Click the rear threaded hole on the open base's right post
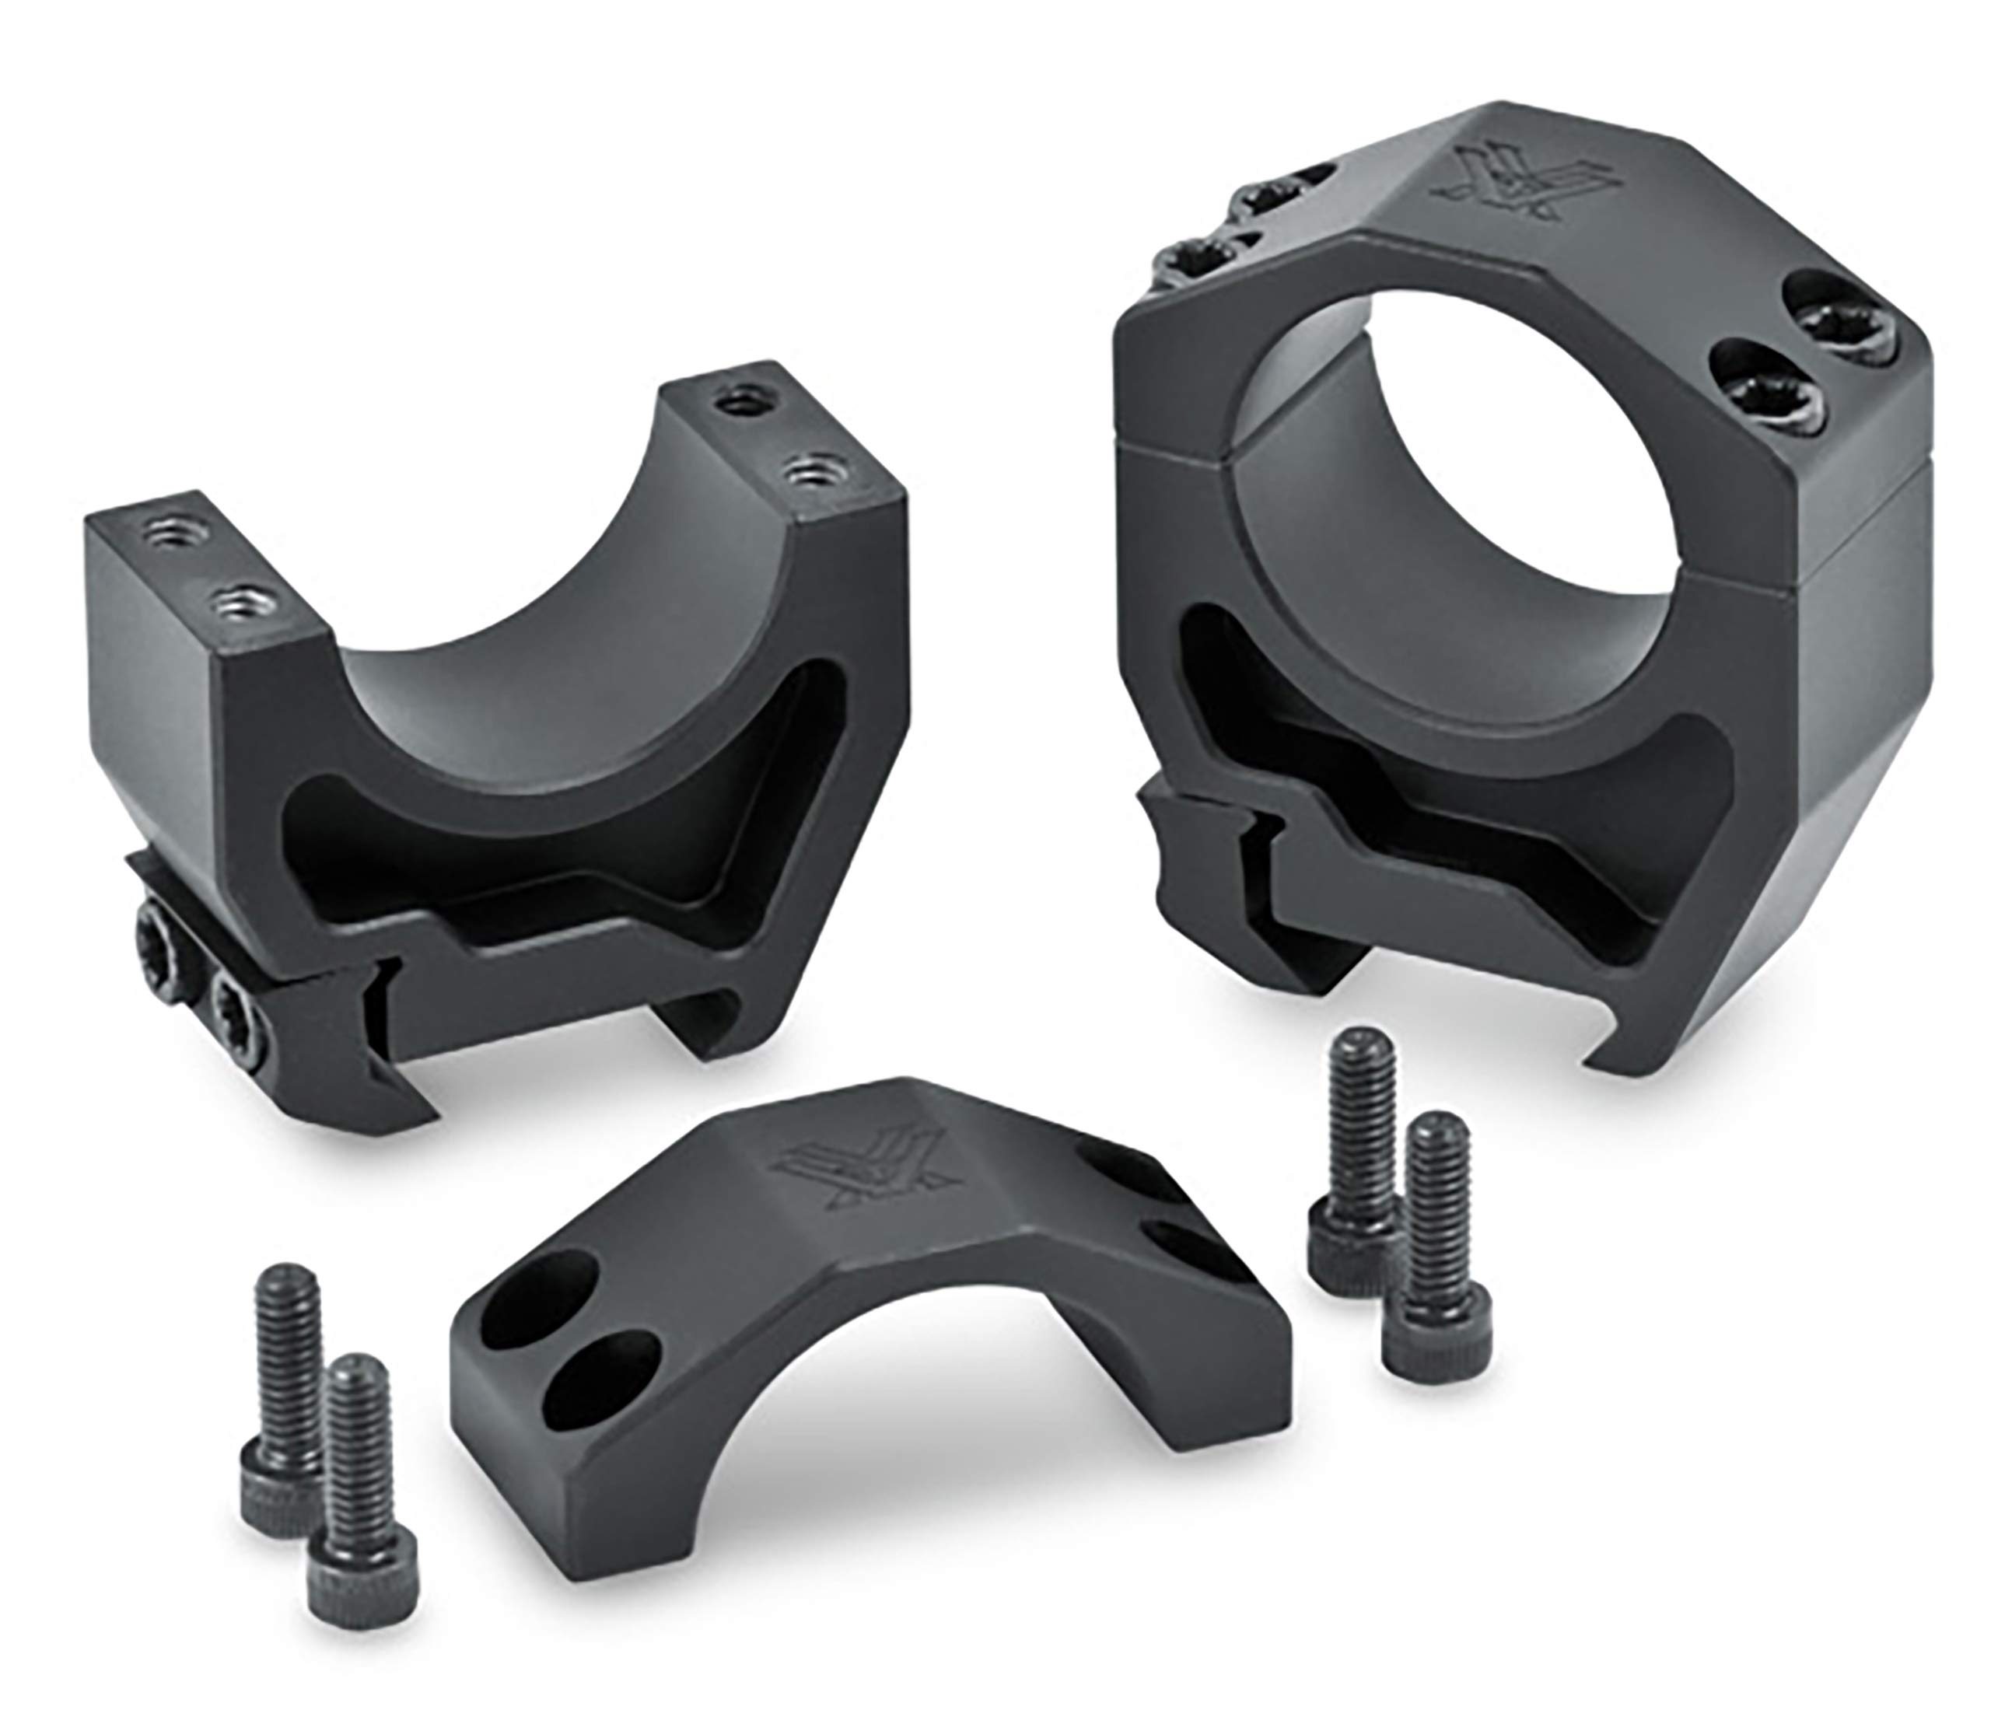741,403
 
